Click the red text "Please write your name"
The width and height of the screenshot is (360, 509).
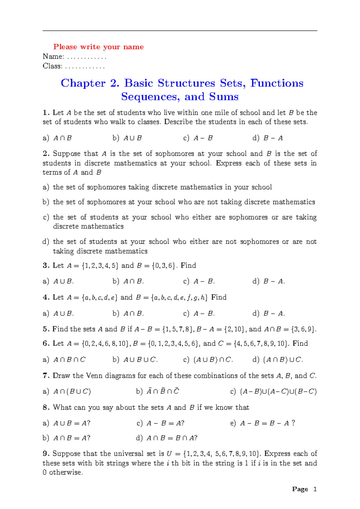98,47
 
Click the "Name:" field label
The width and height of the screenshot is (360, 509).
53,56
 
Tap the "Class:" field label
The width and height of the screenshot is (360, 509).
52,66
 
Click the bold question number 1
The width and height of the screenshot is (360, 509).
45,113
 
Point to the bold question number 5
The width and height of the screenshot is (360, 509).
45,329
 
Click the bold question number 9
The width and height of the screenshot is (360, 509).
45,453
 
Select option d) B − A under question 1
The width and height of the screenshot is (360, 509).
268,138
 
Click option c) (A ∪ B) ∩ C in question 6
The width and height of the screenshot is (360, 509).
208,360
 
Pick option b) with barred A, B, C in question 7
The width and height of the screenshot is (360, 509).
157,391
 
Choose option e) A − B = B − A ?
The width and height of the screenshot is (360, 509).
263,423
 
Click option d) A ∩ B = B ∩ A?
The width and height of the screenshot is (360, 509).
166,438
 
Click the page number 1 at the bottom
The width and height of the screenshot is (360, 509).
315,489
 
